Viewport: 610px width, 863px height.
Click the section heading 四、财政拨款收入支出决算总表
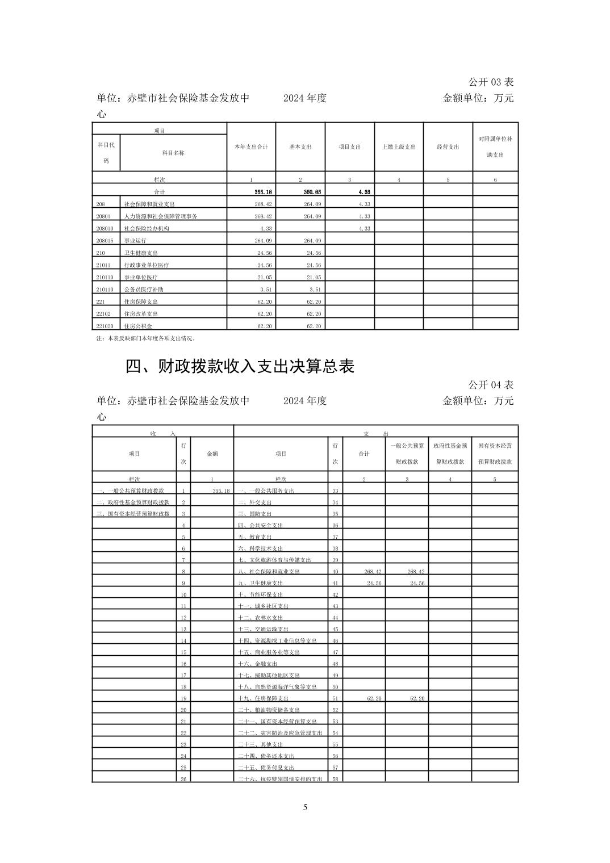pyautogui.click(x=240, y=367)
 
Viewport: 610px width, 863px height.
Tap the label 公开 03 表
pyautogui.click(x=491, y=82)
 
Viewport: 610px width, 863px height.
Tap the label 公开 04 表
pyautogui.click(x=491, y=385)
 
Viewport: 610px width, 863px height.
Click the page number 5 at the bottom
pyautogui.click(x=305, y=807)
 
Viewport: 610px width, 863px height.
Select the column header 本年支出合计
pyautogui.click(x=251, y=146)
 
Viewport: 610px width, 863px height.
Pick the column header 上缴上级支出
pyautogui.click(x=399, y=146)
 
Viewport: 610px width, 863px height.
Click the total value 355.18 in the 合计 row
pyautogui.click(x=261, y=192)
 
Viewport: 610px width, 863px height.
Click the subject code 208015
pyautogui.click(x=105, y=241)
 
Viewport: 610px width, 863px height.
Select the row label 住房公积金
pyautogui.click(x=138, y=326)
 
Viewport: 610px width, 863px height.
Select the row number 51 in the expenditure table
pyautogui.click(x=335, y=698)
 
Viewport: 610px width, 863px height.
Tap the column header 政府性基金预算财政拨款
pyautogui.click(x=450, y=454)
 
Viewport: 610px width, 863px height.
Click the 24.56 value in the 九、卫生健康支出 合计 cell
pyautogui.click(x=374, y=583)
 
